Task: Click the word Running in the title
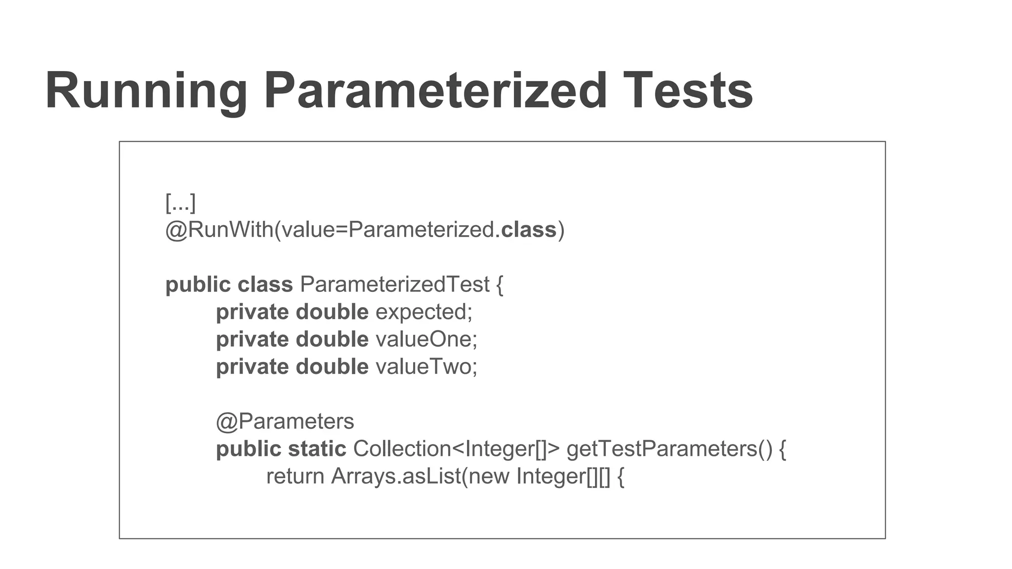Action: pyautogui.click(x=146, y=92)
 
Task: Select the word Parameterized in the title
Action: pyautogui.click(x=435, y=92)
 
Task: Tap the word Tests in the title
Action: pyautogui.click(x=687, y=92)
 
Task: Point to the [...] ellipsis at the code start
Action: pyautogui.click(x=180, y=203)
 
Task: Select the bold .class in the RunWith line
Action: pyautogui.click(x=526, y=230)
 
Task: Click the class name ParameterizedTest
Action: pyautogui.click(x=395, y=284)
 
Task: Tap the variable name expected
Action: pyautogui.click(x=423, y=312)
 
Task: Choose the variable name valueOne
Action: pyautogui.click(x=426, y=339)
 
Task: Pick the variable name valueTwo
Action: pyautogui.click(x=426, y=367)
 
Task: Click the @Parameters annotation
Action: pyautogui.click(x=285, y=422)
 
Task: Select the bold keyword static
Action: pyautogui.click(x=317, y=449)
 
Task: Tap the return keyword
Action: pyautogui.click(x=295, y=477)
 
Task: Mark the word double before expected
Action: pyautogui.click(x=332, y=312)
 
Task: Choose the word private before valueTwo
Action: pyautogui.click(x=253, y=367)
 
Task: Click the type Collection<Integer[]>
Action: pyautogui.click(x=456, y=449)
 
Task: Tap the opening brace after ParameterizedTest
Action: pyautogui.click(x=499, y=285)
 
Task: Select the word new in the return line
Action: pyautogui.click(x=489, y=477)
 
